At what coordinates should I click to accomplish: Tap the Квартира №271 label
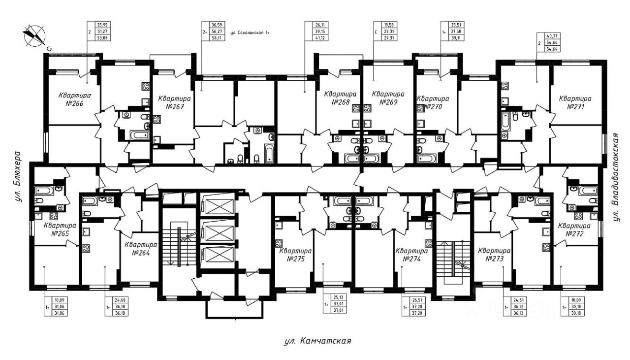pos(574,102)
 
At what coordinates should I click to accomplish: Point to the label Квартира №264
pos(140,249)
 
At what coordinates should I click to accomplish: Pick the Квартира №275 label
pos(295,254)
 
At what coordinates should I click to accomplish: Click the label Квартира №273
pos(494,254)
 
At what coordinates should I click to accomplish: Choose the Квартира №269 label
pos(388,98)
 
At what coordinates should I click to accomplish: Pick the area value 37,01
pos(337,310)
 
